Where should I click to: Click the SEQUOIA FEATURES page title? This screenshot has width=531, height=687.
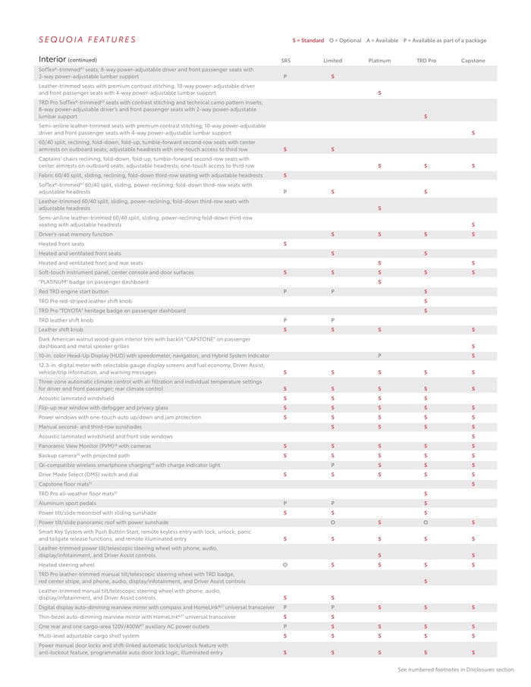[87, 40]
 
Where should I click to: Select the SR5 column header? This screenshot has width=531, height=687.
[285, 61]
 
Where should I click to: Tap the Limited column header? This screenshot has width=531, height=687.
[332, 61]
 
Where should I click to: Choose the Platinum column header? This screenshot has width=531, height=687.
[379, 61]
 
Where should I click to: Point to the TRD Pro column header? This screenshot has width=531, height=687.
[426, 61]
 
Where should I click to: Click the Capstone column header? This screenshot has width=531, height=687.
[473, 61]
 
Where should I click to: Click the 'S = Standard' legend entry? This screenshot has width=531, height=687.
[308, 40]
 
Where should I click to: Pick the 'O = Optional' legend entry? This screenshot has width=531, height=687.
[345, 40]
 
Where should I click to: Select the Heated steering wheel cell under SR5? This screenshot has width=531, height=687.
[285, 565]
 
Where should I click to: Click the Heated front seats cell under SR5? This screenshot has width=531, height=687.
[285, 244]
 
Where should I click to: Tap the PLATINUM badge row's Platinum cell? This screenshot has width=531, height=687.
[379, 282]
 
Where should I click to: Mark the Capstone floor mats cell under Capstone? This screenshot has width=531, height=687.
[473, 484]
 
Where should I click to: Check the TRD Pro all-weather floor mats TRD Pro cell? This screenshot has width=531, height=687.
[426, 494]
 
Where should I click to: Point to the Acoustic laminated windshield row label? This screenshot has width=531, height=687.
[77, 398]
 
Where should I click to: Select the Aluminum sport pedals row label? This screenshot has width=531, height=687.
[68, 503]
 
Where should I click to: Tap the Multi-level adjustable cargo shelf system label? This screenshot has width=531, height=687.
[89, 636]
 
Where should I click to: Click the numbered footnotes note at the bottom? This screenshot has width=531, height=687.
[456, 670]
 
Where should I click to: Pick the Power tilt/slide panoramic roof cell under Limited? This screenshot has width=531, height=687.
[332, 522]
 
